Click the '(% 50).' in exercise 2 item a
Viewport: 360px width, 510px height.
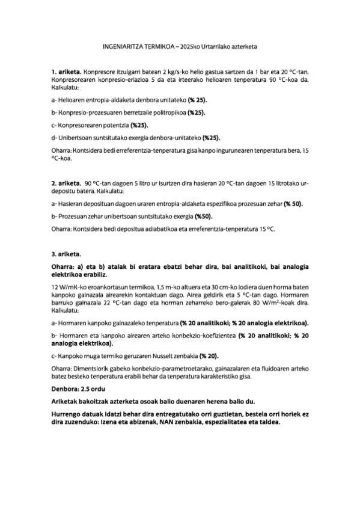[289, 204]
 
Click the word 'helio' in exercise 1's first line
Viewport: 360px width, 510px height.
[197, 71]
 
